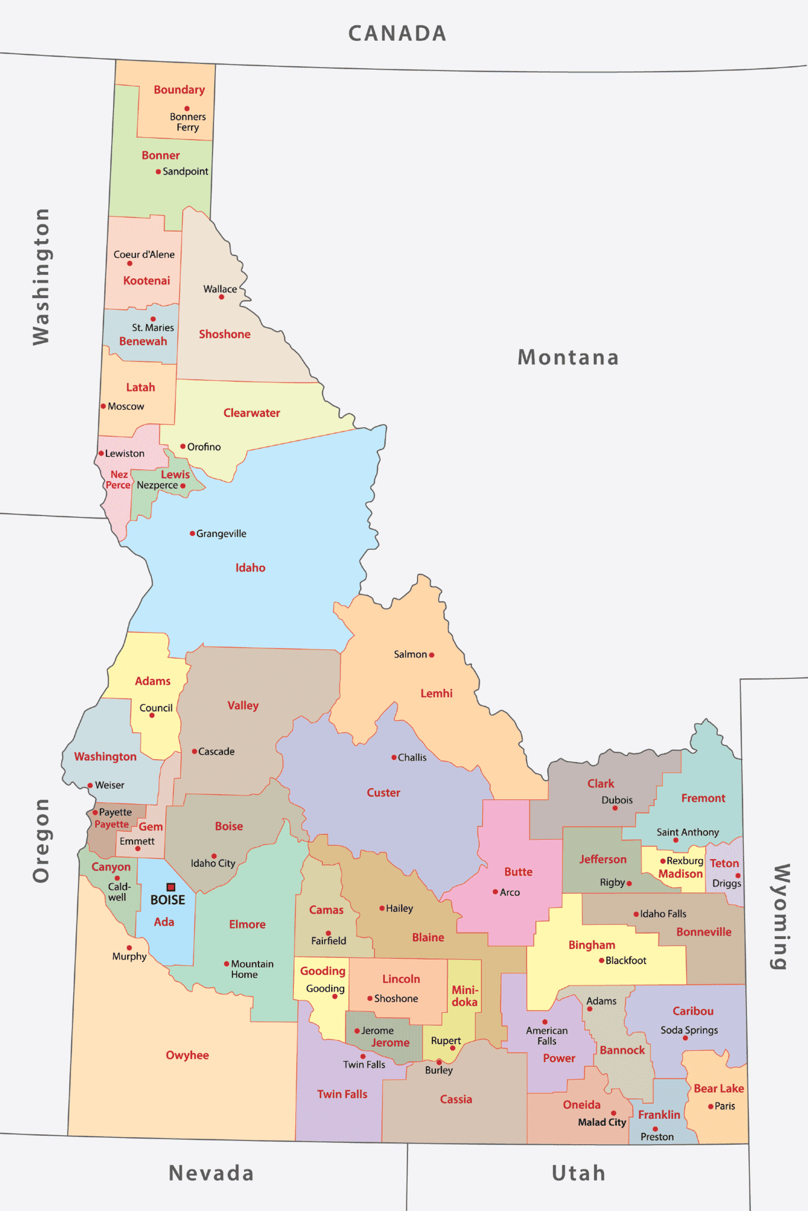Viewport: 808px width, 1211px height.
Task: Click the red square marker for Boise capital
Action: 171,887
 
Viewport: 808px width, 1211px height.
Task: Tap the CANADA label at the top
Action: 397,34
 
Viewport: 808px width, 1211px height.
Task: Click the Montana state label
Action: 568,358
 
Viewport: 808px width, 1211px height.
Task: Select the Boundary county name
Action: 179,90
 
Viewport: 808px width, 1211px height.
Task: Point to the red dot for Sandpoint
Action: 158,172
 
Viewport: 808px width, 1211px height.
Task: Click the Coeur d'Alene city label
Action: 144,255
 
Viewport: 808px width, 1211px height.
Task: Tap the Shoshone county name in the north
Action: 224,335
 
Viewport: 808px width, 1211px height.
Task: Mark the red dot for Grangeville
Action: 192,533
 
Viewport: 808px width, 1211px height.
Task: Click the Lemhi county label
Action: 436,694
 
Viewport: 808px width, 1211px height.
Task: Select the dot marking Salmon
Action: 432,655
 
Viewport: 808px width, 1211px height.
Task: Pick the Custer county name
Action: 383,793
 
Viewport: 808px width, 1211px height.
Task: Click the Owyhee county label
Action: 187,1055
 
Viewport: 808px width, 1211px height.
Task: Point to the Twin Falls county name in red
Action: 342,1095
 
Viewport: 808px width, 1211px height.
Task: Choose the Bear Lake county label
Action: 718,1089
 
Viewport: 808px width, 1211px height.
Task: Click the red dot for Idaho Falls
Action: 636,914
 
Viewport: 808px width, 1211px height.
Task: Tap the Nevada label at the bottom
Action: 211,1173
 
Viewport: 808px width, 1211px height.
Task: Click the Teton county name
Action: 724,863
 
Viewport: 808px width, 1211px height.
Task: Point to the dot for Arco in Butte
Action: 495,892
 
